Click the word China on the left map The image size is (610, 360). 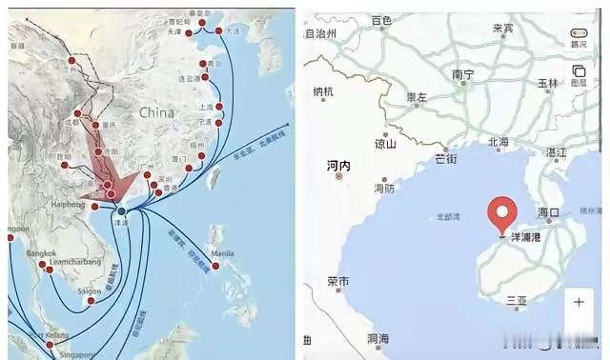[158, 112]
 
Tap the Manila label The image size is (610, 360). [221, 252]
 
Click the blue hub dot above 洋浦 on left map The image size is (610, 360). [121, 210]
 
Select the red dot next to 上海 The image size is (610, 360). [219, 107]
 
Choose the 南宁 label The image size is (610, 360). [464, 74]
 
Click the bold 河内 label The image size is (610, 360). [338, 166]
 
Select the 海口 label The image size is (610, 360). [550, 211]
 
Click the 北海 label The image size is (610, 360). [498, 142]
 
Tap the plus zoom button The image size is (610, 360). [579, 303]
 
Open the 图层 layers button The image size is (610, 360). [579, 76]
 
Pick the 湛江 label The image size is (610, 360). [556, 152]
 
